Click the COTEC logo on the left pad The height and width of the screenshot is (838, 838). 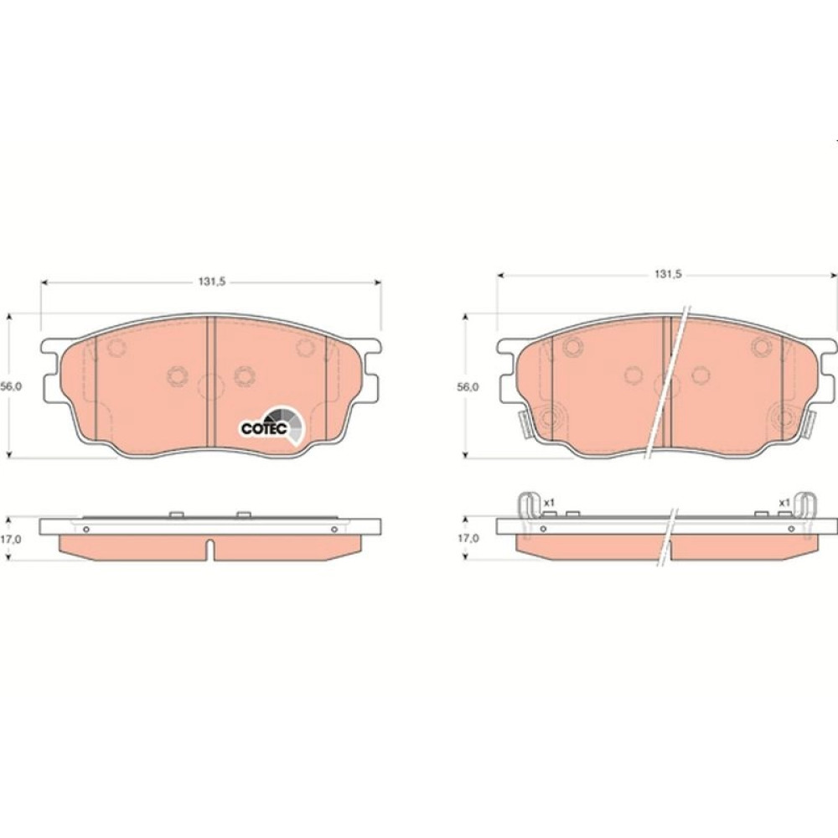[272, 425]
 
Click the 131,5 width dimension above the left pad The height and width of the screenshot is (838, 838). [212, 282]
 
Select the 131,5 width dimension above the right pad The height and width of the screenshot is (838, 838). [669, 275]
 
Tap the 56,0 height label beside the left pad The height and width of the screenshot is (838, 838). [11, 387]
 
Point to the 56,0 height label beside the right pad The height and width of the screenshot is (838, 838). [468, 387]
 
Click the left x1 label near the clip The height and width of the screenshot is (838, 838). [549, 503]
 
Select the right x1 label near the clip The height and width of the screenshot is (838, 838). [784, 503]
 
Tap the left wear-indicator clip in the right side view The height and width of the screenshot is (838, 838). [526, 513]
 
